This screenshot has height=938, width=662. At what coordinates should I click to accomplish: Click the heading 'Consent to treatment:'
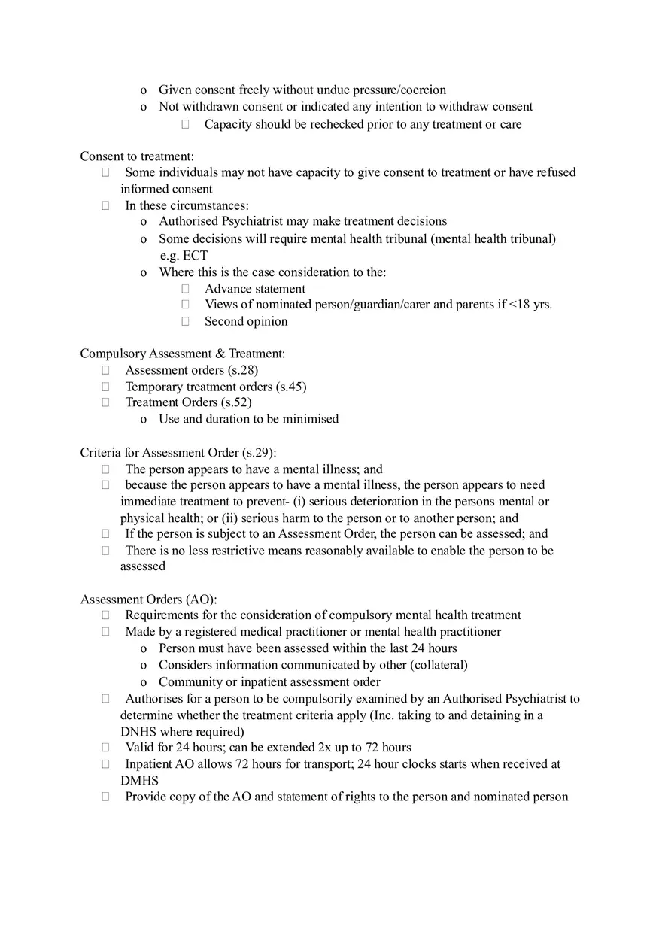coord(137,156)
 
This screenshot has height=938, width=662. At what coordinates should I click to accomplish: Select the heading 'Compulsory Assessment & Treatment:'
coord(183,354)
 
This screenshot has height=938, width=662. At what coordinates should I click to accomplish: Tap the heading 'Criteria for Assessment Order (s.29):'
coord(178,452)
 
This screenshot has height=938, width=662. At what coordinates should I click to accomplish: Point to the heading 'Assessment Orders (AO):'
coord(149,599)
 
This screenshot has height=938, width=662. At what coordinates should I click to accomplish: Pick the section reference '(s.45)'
coord(291,387)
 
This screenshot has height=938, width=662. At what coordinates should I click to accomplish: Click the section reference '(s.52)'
coord(236,402)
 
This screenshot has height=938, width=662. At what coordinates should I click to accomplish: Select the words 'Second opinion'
coord(246,321)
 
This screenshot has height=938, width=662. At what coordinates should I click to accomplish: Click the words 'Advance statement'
coord(255,289)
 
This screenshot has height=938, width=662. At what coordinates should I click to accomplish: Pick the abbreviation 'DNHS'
coord(138,732)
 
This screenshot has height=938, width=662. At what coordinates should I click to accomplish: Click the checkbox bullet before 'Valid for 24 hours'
coord(106,748)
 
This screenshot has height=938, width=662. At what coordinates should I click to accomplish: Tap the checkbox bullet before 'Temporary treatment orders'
coord(106,387)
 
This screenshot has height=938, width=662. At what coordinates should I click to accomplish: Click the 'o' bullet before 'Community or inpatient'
coord(144,682)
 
